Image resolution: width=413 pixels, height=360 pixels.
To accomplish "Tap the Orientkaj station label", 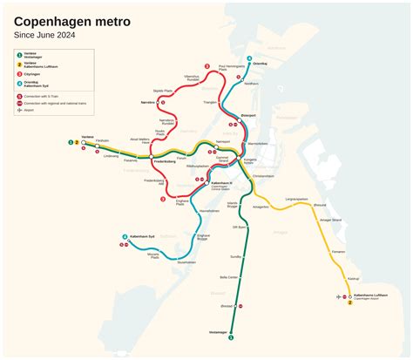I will click(260, 64).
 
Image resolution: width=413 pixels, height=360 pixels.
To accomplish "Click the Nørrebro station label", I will click(148, 102).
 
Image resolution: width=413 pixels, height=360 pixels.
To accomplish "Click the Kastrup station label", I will click(353, 279).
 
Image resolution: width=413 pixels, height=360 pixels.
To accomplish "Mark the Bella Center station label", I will click(229, 277).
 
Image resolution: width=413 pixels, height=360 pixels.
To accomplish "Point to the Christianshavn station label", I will click(263, 176).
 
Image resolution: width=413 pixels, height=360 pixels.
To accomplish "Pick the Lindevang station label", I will click(112, 156).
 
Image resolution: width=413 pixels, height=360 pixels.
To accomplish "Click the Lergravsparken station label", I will click(297, 199).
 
